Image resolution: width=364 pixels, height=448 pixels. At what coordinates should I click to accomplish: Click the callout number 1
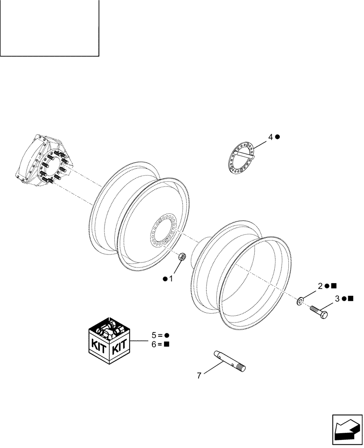pos(170,279)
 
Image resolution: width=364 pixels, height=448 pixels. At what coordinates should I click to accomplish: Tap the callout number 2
pos(321,286)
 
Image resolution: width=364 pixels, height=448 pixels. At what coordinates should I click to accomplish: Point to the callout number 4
pos(271,137)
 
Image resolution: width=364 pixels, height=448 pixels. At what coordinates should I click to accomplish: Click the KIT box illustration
pos(109,340)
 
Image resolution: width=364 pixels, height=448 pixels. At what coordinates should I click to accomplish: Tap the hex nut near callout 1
pos(183,257)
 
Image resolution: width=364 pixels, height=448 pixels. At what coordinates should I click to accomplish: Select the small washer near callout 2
pos(300,300)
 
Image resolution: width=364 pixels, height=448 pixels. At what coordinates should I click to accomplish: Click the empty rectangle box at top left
pos(49,28)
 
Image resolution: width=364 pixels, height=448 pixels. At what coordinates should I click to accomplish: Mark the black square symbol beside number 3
pos(350,298)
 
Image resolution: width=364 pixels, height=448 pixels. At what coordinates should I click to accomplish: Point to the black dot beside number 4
pos(277,137)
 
